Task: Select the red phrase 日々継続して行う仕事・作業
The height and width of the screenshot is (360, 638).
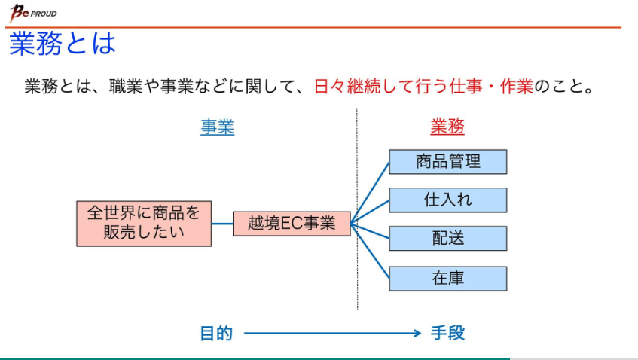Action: [x=423, y=87]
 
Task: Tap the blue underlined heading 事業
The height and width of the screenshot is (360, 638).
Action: [x=217, y=127]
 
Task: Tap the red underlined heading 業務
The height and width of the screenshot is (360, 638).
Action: [x=447, y=127]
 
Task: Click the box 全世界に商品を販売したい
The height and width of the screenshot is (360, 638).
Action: [x=144, y=223]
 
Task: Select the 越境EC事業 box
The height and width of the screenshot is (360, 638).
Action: [x=292, y=224]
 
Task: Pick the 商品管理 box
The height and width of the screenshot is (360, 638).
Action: [x=447, y=161]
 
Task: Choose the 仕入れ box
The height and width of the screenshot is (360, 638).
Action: [x=447, y=200]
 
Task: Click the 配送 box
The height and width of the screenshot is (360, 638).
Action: [x=447, y=238]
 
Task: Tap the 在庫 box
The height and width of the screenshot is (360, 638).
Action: [x=447, y=278]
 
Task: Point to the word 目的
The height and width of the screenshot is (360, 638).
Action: [x=216, y=333]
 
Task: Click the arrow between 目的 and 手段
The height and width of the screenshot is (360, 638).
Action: [x=331, y=333]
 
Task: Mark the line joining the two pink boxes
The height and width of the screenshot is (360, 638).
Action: [x=222, y=224]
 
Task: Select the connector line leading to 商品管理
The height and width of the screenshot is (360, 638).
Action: [x=370, y=193]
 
